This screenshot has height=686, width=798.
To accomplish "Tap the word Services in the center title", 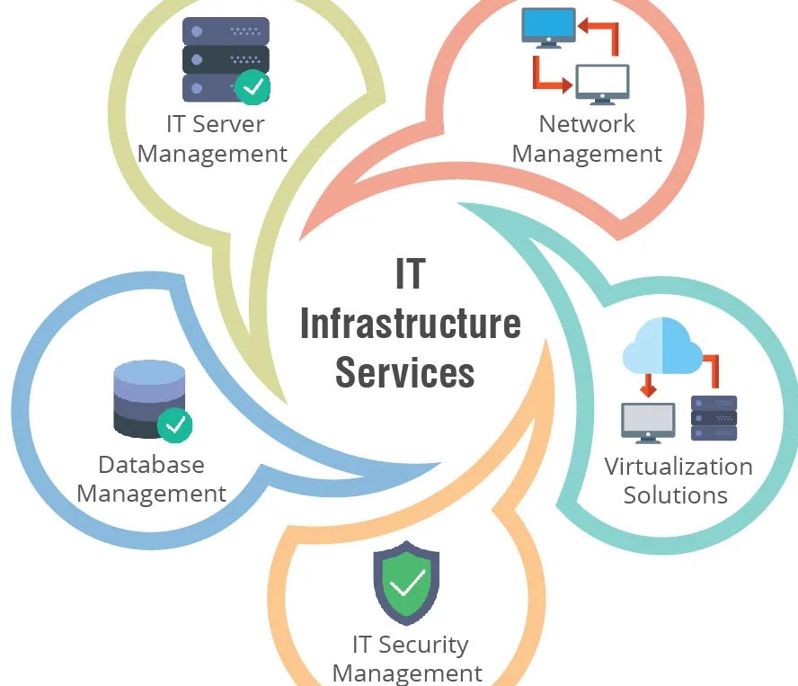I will point(404,370).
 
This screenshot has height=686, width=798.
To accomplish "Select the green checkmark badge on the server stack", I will point(253,87).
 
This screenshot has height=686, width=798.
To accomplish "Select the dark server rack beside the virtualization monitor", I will point(714,418).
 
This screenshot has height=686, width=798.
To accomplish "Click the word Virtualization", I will point(678,467).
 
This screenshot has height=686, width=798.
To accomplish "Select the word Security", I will point(422,645).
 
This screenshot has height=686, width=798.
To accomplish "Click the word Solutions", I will point(675,495).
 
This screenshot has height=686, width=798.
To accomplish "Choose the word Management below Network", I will point(586,154).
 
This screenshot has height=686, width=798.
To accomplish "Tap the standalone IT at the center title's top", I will point(409,274).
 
